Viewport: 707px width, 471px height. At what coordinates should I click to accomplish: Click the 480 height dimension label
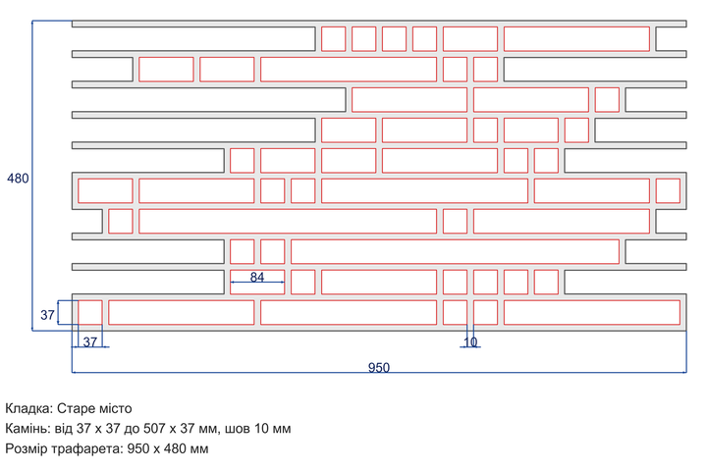pyautogui.click(x=18, y=179)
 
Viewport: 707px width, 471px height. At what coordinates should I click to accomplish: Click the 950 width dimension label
pyautogui.click(x=379, y=368)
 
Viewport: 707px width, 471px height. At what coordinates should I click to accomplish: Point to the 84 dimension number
pyautogui.click(x=257, y=277)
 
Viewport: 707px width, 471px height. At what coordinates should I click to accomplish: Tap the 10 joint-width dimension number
pyautogui.click(x=470, y=342)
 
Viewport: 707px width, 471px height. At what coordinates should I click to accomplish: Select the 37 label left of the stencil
pyautogui.click(x=47, y=315)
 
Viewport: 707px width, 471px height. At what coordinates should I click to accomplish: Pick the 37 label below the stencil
pyautogui.click(x=90, y=342)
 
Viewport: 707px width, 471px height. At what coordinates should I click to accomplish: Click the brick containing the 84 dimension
pyautogui.click(x=257, y=283)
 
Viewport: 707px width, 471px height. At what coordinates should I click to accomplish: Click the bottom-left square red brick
pyautogui.click(x=90, y=312)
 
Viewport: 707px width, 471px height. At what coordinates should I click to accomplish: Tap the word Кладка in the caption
pyautogui.click(x=28, y=408)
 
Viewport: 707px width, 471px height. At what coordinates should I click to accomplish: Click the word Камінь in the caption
pyautogui.click(x=27, y=428)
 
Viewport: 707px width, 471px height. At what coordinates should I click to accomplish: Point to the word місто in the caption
pyautogui.click(x=115, y=408)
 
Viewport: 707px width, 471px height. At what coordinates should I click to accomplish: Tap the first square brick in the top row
pyautogui.click(x=333, y=39)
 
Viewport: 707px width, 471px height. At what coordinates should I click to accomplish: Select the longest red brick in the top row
pyautogui.click(x=576, y=39)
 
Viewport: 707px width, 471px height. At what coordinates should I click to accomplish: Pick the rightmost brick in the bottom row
pyautogui.click(x=592, y=312)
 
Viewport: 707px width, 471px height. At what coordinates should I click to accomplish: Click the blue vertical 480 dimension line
pyautogui.click(x=32, y=176)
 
